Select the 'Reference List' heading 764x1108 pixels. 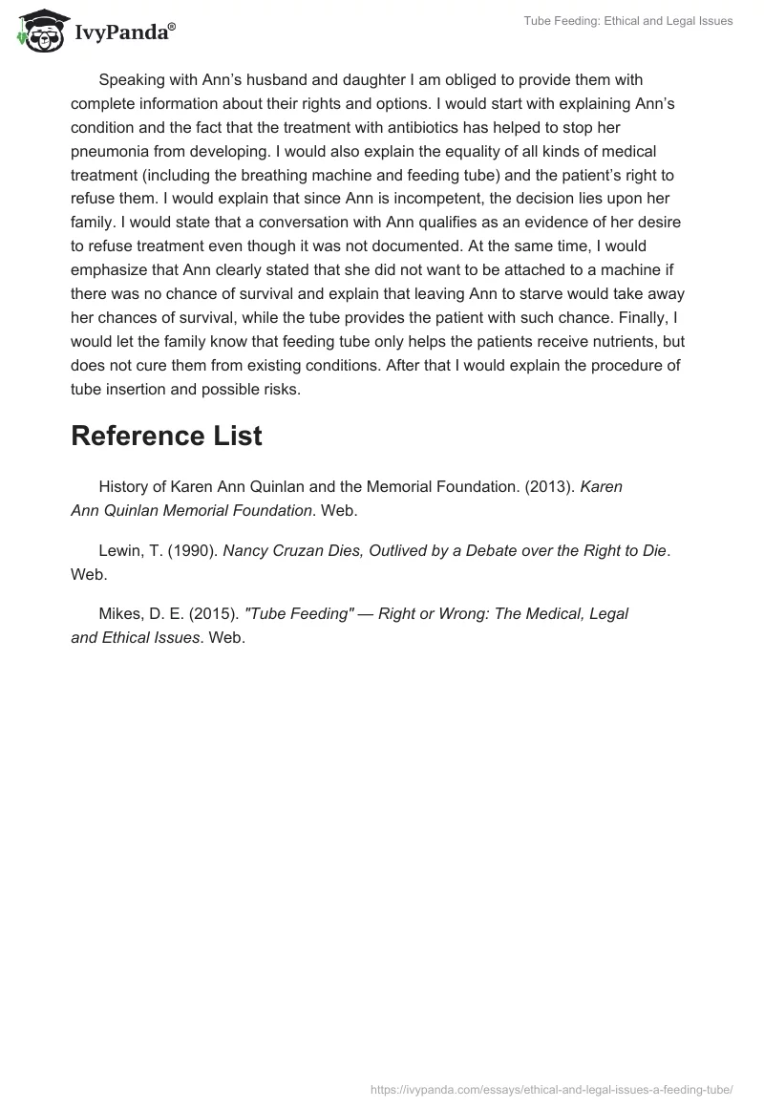166,436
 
